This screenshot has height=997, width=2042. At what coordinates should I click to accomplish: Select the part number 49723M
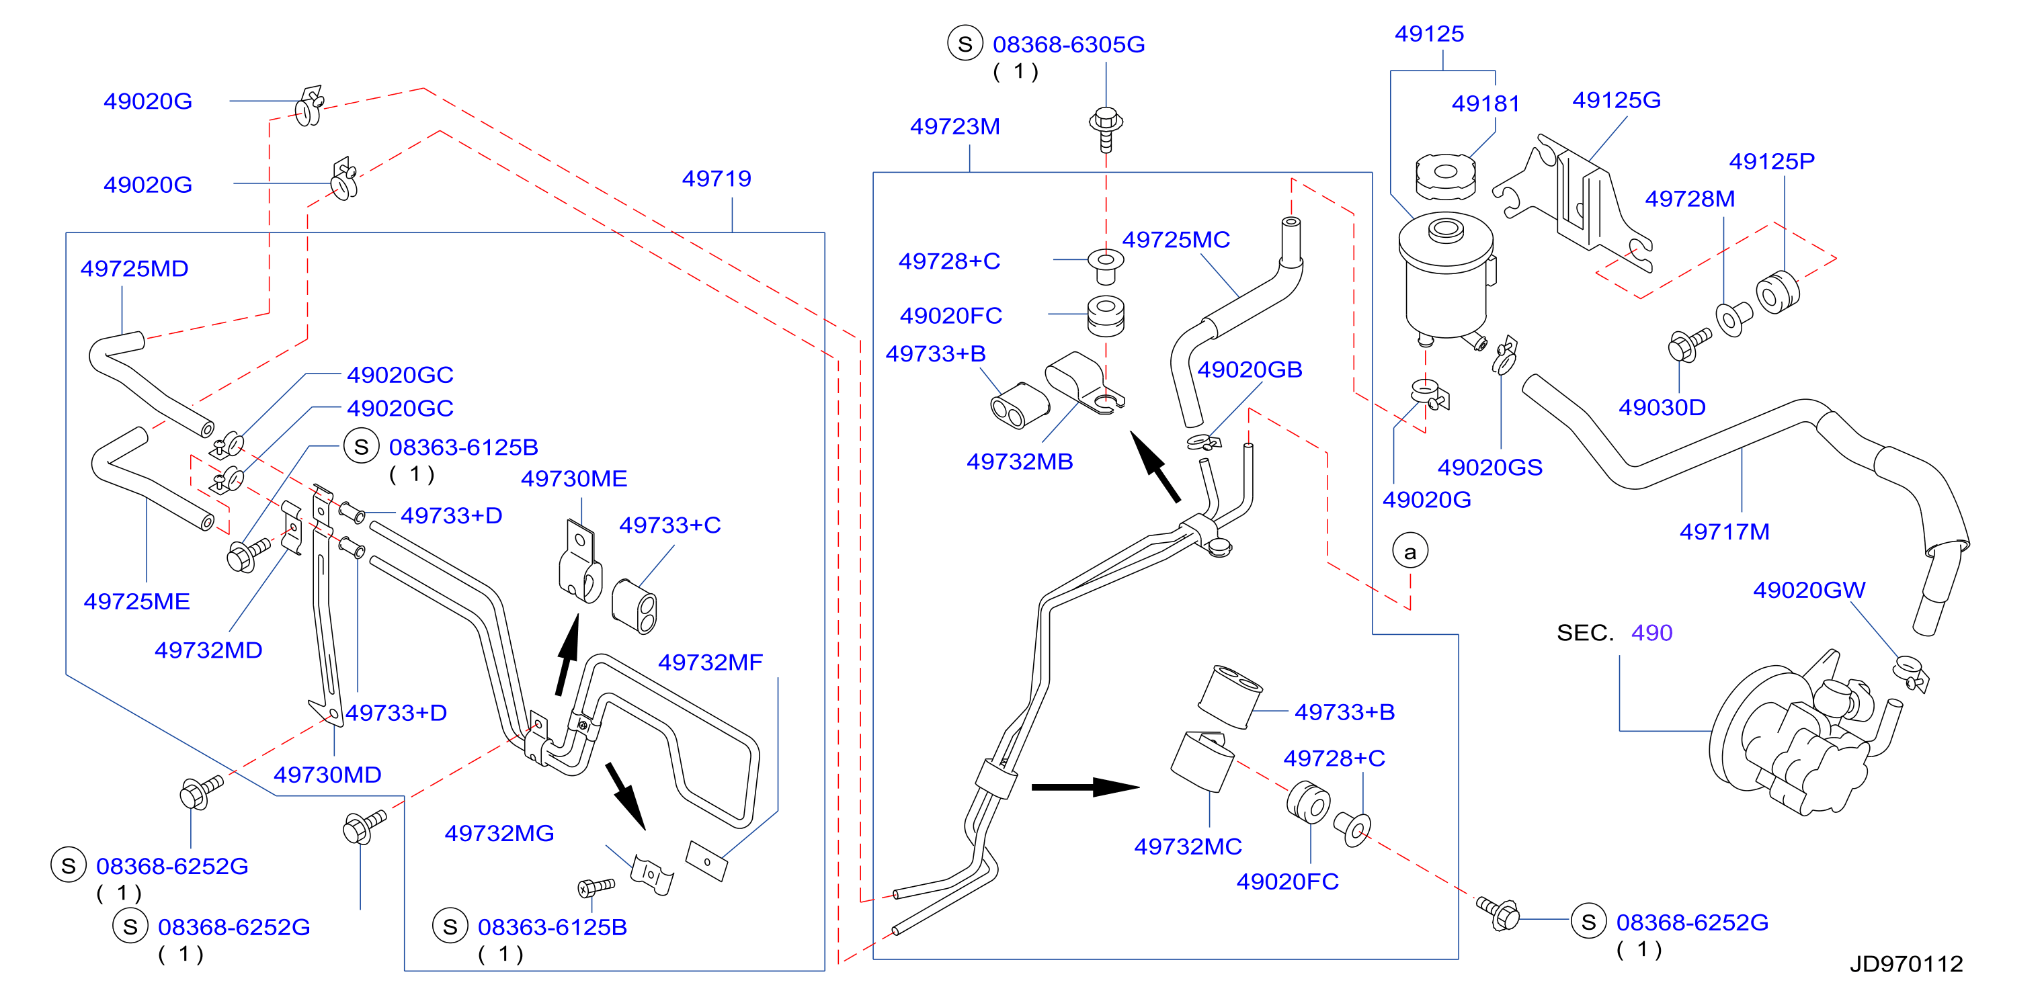954,126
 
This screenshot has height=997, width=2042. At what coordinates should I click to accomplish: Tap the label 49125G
1617,100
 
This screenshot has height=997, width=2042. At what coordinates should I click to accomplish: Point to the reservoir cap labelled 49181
1445,176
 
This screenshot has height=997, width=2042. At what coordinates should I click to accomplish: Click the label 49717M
1724,532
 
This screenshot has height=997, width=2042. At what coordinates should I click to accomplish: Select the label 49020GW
1809,590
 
